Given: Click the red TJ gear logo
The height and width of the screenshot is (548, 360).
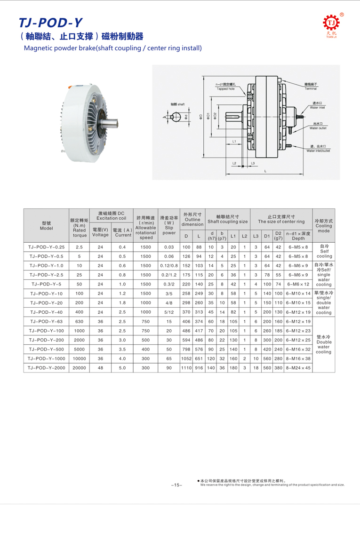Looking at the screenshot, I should (x=331, y=23).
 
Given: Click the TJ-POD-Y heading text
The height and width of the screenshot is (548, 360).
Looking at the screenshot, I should (x=50, y=23).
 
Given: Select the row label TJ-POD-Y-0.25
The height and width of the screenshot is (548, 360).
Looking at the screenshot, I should (x=46, y=247).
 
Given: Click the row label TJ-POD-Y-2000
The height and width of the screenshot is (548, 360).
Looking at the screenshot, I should (x=46, y=368).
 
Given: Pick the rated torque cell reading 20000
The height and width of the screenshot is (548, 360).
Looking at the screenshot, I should (x=79, y=368).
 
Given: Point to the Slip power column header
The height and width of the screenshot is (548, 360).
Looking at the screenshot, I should (x=169, y=225).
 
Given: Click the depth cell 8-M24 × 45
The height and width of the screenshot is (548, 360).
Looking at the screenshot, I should (x=298, y=368).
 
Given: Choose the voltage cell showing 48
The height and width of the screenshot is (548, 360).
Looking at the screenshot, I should (x=100, y=368).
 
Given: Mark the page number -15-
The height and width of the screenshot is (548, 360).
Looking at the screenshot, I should (x=176, y=485).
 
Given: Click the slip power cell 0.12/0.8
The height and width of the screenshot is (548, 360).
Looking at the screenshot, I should (x=169, y=266).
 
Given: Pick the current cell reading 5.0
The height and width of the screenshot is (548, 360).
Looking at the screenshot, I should (x=122, y=368).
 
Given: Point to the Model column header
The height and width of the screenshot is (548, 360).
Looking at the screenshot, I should (x=46, y=225).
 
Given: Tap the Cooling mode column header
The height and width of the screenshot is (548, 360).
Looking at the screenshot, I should (x=324, y=225).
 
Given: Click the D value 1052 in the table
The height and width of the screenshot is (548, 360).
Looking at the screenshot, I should (x=186, y=358).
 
